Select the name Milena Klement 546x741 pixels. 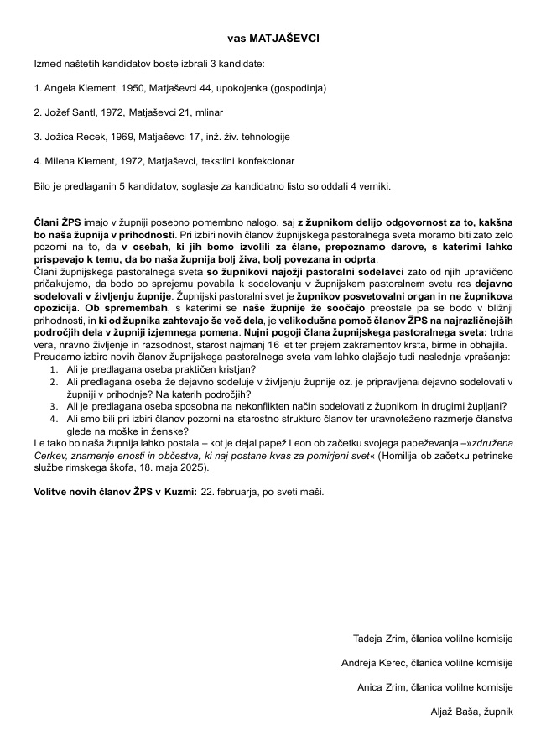click(78, 160)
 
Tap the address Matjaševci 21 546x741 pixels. click(181, 112)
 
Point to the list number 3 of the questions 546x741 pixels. click(53, 404)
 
